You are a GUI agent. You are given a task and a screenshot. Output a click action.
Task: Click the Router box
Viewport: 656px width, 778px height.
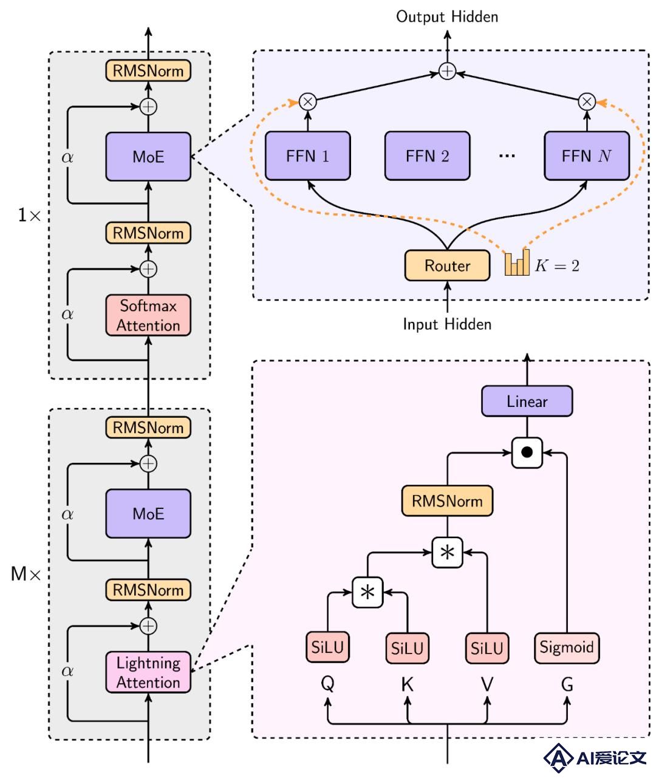(447, 265)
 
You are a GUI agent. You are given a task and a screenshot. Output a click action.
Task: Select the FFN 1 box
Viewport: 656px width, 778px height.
(307, 155)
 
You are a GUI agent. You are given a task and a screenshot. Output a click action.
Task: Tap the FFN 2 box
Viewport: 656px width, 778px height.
(427, 155)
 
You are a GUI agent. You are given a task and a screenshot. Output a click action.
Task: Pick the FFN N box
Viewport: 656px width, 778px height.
(587, 155)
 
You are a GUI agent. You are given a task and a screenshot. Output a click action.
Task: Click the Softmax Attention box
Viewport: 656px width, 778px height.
(148, 315)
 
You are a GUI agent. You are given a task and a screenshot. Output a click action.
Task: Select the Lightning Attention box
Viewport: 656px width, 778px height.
(148, 672)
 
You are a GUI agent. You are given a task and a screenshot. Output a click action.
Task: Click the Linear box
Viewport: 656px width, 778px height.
(527, 401)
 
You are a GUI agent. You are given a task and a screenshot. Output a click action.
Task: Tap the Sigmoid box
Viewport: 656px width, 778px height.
(567, 648)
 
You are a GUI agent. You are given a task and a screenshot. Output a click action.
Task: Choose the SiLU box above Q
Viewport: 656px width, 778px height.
(327, 647)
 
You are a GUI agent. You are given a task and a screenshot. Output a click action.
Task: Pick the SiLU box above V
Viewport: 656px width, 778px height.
(487, 648)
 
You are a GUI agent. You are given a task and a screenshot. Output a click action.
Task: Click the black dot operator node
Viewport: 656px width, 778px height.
(527, 452)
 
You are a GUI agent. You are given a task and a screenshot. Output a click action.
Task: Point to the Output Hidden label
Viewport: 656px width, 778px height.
(447, 17)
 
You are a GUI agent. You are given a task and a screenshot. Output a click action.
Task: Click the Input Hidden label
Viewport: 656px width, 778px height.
(447, 324)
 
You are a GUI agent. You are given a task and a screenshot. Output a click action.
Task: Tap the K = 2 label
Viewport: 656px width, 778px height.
(557, 266)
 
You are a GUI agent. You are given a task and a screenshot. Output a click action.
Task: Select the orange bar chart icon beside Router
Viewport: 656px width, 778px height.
(516, 262)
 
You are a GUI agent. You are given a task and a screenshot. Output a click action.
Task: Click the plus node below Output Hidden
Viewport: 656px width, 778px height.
(447, 71)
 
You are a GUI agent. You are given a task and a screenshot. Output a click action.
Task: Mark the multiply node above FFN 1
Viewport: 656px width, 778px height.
(307, 101)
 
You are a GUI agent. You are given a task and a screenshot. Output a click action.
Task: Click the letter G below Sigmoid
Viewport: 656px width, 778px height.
(567, 684)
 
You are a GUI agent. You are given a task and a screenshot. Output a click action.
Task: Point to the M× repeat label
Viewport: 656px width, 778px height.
(26, 574)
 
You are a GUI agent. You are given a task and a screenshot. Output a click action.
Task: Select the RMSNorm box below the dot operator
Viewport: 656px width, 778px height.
(447, 501)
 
